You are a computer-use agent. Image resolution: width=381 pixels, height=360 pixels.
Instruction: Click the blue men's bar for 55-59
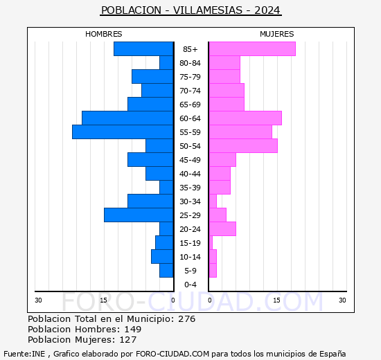(x=123, y=132)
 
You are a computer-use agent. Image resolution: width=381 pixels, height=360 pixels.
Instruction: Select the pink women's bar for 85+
(x=252, y=49)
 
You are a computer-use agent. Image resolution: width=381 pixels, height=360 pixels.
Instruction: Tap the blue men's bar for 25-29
(x=139, y=215)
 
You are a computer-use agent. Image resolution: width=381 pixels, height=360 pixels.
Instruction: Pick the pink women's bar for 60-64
(x=245, y=118)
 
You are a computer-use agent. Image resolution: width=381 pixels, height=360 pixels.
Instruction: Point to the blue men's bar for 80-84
(x=166, y=63)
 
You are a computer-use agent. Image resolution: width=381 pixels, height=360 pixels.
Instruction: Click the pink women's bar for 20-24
(x=222, y=229)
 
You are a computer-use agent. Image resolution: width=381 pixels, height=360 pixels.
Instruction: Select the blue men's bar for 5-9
(x=166, y=271)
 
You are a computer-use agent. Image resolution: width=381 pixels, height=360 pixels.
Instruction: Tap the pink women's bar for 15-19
(x=211, y=243)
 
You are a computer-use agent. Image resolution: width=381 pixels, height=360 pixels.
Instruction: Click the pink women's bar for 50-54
(x=243, y=146)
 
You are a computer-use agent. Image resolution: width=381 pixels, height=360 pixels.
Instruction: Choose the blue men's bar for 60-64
(x=127, y=118)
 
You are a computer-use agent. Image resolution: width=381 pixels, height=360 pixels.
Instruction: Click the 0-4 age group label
(x=190, y=285)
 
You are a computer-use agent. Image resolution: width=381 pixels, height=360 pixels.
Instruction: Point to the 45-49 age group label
(x=190, y=160)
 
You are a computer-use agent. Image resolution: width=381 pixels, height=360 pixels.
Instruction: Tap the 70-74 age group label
(x=190, y=91)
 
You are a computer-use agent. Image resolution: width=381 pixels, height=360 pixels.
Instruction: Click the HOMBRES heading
(x=104, y=34)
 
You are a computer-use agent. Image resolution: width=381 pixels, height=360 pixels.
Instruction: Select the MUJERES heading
(x=277, y=34)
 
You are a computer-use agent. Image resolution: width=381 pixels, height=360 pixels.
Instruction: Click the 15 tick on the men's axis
(x=103, y=300)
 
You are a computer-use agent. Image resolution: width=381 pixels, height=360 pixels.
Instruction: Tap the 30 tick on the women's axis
(x=342, y=300)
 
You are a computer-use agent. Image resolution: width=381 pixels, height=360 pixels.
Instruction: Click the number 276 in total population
(x=186, y=318)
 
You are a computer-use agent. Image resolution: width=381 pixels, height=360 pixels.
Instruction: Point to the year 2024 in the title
(x=267, y=10)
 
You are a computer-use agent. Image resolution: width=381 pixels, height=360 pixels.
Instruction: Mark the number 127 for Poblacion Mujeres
(x=128, y=340)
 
